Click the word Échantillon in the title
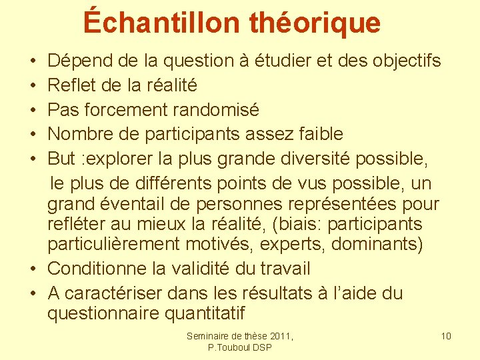point(162,22)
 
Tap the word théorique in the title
point(315,22)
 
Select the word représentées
point(339,203)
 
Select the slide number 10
point(446,336)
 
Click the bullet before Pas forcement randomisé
point(33,110)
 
